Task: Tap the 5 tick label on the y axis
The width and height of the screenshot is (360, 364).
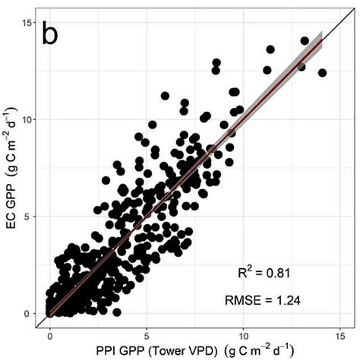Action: tap(29, 217)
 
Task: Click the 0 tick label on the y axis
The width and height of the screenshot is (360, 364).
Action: tap(29, 313)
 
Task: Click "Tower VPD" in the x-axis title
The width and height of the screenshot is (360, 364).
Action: tap(175, 351)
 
